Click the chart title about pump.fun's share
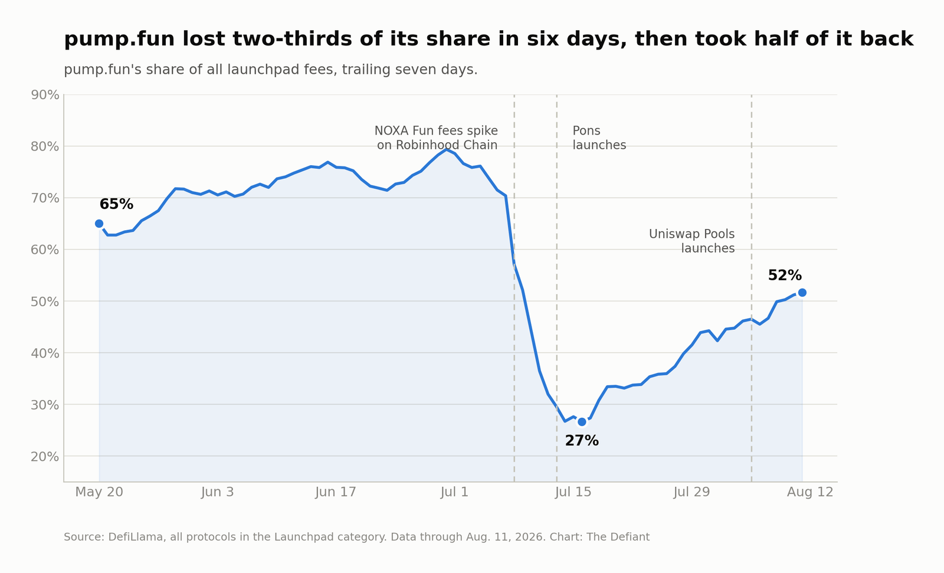(489, 39)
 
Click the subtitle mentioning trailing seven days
(271, 70)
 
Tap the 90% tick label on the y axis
(45, 95)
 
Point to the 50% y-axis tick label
(45, 302)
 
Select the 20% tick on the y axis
(45, 456)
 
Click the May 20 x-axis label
(99, 492)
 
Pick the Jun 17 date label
(336, 492)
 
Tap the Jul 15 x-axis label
(573, 492)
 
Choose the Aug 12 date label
(810, 492)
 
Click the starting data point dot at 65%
(99, 224)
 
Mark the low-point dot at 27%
(582, 421)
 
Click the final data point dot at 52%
(802, 293)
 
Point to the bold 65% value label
(116, 204)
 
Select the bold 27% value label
(582, 441)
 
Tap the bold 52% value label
(785, 276)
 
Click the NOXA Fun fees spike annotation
(436, 138)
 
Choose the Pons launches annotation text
(599, 138)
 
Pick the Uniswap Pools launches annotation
(692, 241)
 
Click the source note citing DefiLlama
(356, 537)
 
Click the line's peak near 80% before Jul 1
(446, 149)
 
